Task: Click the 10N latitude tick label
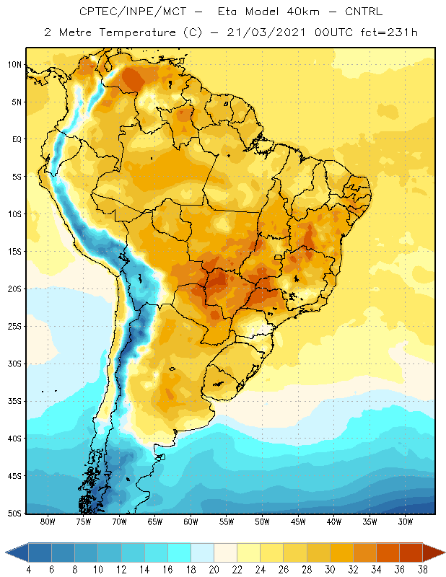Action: tap(14, 65)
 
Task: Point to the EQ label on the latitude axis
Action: tap(17, 139)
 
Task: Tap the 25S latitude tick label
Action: tap(14, 327)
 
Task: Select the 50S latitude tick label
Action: tap(14, 514)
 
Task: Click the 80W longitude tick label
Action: tap(48, 521)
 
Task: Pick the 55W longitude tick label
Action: tap(227, 521)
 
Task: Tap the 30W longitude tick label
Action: tap(406, 521)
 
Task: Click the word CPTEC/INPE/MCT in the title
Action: tap(133, 12)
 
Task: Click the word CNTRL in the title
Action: tap(364, 12)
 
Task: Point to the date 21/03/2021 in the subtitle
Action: tap(266, 32)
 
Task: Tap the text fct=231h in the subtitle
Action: tap(389, 32)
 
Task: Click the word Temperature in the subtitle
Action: tap(137, 32)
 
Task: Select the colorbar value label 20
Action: tap(214, 570)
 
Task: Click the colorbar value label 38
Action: tap(423, 570)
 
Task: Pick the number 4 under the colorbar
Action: tap(28, 570)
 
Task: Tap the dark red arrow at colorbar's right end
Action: tap(434, 552)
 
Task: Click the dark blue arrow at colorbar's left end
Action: tap(17, 552)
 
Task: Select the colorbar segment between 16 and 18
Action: tap(180, 552)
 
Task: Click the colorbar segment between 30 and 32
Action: tap(341, 552)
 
